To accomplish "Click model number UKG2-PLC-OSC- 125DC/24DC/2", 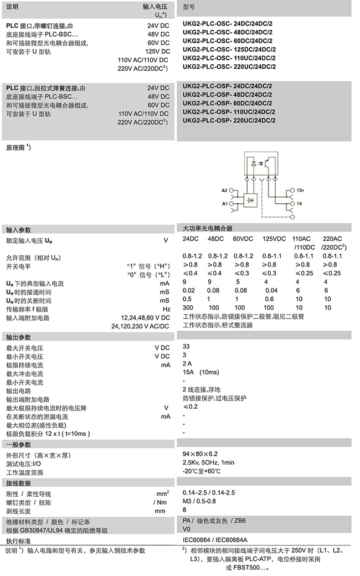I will (x=229, y=49).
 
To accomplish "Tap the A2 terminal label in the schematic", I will (x=225, y=191).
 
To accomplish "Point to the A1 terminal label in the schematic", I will (x=225, y=204).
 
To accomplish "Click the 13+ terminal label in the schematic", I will (x=300, y=191).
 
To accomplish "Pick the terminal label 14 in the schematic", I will (x=299, y=204).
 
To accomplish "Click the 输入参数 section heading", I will (x=19, y=229).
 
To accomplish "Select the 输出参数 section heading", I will (x=19, y=337).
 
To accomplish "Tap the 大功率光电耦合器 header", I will (x=208, y=228).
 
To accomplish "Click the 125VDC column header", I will (x=274, y=239).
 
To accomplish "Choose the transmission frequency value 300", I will (x=188, y=307).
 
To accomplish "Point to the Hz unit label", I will (x=166, y=308).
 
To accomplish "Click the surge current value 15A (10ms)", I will (x=201, y=372).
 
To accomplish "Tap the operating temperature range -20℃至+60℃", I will (x=202, y=471).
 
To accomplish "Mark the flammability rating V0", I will (x=187, y=529).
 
